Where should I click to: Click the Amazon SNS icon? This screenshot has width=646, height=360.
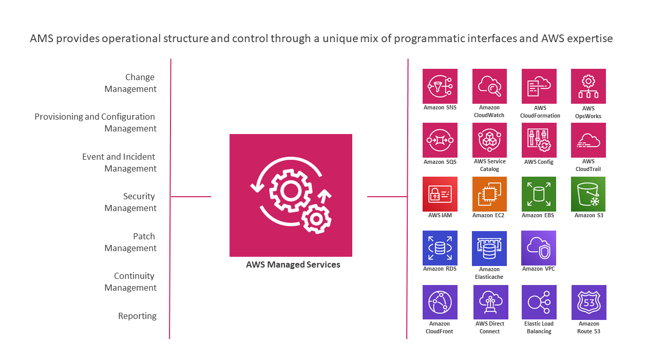[x=440, y=86]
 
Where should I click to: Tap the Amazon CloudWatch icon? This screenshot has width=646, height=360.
[x=489, y=86]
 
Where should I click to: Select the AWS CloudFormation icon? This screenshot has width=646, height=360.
[x=539, y=86]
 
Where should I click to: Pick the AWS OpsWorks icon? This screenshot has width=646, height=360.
[x=588, y=86]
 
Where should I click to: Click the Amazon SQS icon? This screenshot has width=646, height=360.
[x=440, y=140]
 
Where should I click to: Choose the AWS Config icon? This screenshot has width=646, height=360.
[x=539, y=140]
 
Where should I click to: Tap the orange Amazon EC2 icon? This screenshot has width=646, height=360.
[x=489, y=194]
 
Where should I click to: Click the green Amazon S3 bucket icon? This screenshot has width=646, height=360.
[x=588, y=194]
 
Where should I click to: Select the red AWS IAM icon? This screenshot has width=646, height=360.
[x=440, y=194]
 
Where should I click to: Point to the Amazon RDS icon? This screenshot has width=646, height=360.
[x=440, y=248]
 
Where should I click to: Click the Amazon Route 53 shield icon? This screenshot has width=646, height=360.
[x=589, y=302]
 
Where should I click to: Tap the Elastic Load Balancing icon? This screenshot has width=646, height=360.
[x=539, y=302]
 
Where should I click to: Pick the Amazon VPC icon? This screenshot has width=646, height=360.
[x=539, y=248]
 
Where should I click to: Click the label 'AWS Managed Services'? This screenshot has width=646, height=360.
[x=293, y=265]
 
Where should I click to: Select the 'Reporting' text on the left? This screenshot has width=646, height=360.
[x=137, y=316]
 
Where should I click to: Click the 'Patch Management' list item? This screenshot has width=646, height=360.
[x=131, y=242]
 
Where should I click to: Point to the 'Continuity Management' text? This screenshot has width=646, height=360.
[x=131, y=282]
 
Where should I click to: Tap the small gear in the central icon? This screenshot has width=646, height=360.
[x=314, y=218]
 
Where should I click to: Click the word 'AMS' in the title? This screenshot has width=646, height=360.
[x=42, y=39]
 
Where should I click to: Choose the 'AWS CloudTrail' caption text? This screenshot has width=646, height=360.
[x=588, y=165]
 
